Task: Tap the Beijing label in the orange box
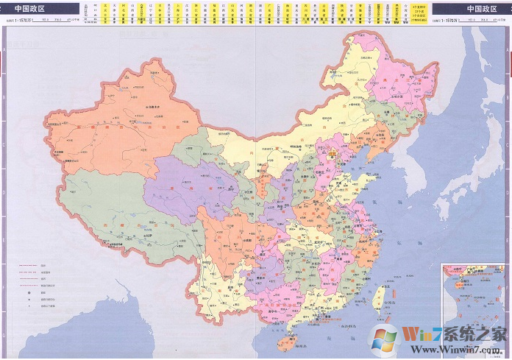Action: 333,155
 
